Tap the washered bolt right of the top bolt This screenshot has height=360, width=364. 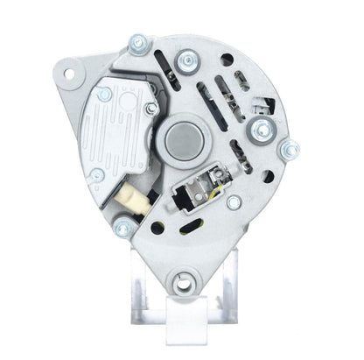(185, 60)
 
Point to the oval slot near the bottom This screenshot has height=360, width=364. (186, 229)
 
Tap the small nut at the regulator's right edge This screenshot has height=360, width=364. (151, 109)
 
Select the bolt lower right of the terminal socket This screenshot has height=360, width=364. (233, 202)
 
